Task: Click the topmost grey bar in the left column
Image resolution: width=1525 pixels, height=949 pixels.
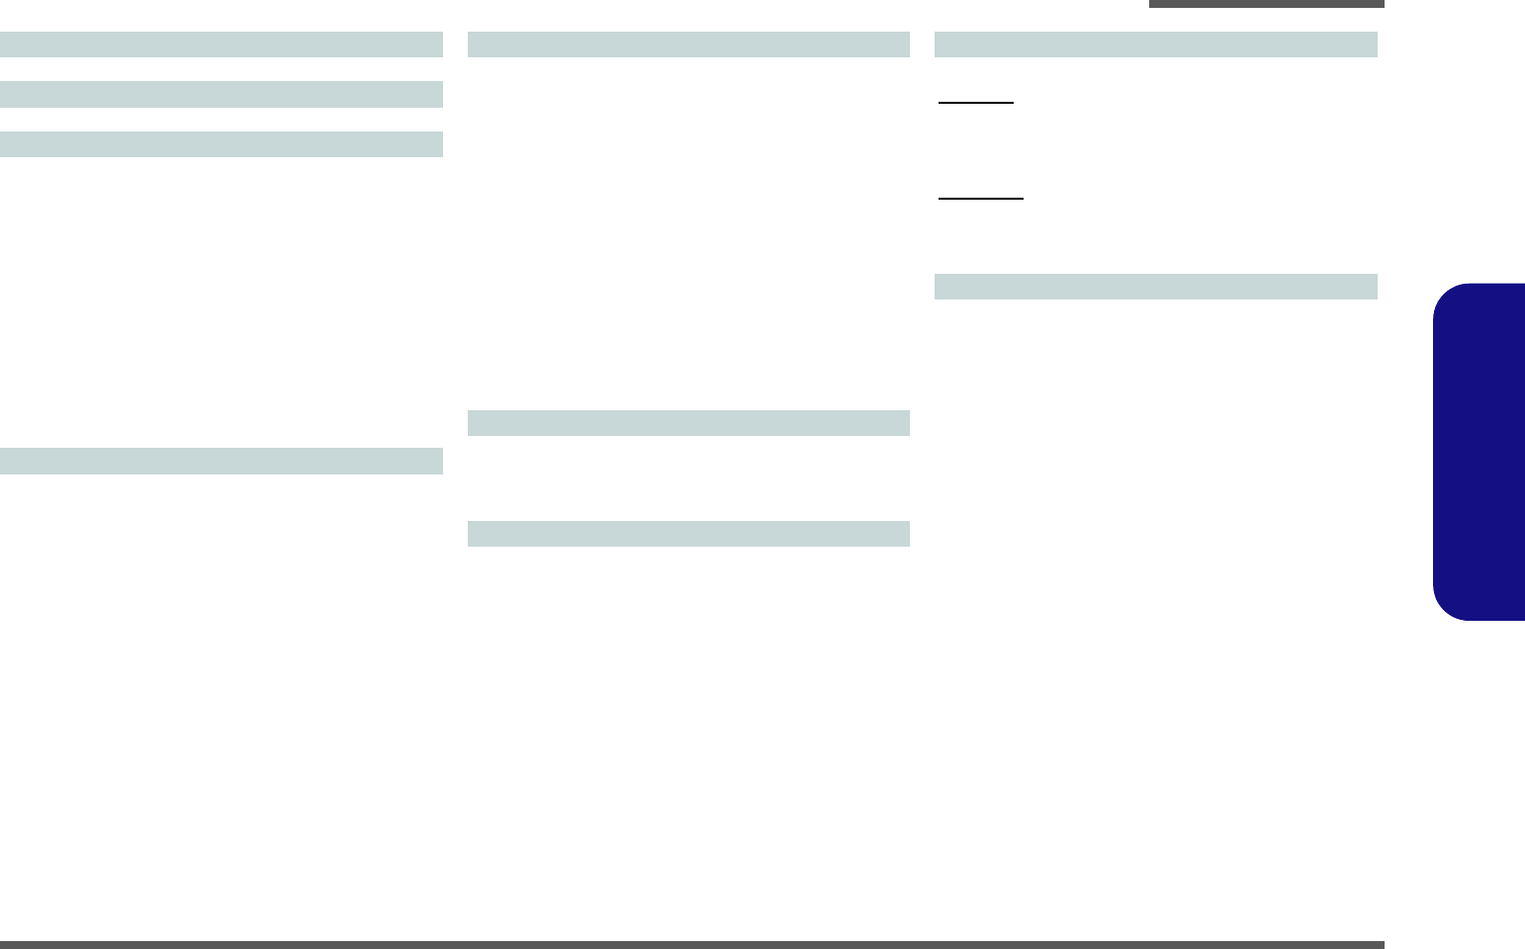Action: coord(222,44)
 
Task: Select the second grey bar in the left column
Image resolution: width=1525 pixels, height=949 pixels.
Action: coord(222,94)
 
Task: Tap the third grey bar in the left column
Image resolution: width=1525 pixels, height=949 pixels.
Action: coord(222,144)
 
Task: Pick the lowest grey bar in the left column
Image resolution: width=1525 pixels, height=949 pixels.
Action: coord(222,461)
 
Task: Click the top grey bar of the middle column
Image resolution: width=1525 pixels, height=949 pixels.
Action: coord(688,44)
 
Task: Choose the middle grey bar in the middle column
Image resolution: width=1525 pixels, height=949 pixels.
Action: coord(688,423)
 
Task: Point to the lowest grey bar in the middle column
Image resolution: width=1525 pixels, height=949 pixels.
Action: coord(688,534)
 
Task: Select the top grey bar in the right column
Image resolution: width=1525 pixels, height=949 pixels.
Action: coord(1155,44)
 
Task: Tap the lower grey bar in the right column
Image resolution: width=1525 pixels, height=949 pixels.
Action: coord(1155,287)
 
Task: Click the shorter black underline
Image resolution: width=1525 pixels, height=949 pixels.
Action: coord(976,102)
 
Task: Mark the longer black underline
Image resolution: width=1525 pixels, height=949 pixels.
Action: coord(981,199)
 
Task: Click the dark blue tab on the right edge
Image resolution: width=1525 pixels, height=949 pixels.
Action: coord(1479,452)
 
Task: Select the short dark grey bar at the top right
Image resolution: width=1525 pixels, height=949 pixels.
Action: coord(1266,4)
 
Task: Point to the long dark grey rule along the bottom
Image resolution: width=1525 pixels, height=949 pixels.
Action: coord(692,945)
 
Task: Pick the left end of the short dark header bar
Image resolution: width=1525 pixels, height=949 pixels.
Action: coord(1152,4)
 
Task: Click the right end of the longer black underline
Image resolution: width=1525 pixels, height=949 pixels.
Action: coord(1023,199)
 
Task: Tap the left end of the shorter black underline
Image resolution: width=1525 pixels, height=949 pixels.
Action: coord(940,102)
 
